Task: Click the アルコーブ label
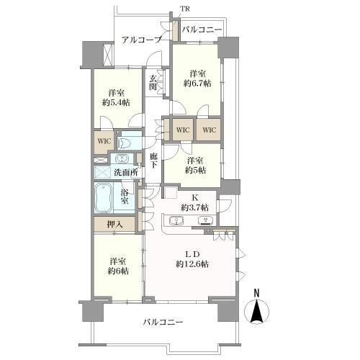pyautogui.click(x=141, y=40)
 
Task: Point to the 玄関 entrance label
pyautogui.click(x=153, y=83)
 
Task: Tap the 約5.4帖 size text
pyautogui.click(x=115, y=103)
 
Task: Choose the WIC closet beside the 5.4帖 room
pyautogui.click(x=102, y=140)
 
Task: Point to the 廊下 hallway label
pyautogui.click(x=153, y=160)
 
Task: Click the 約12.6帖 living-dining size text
pyautogui.click(x=192, y=265)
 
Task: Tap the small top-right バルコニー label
pyautogui.click(x=202, y=30)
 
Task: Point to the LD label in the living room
pyautogui.click(x=192, y=254)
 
